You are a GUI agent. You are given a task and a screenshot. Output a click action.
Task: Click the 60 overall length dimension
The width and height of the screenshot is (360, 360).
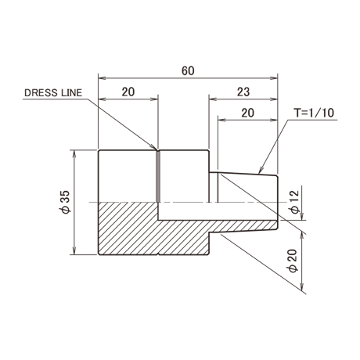coord(188,71)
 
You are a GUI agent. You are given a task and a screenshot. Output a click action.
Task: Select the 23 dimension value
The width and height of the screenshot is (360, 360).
coord(243,92)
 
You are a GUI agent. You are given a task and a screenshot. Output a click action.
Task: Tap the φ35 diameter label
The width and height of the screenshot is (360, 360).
coord(66,202)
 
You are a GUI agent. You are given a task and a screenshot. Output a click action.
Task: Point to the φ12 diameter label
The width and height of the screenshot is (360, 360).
coord(295,202)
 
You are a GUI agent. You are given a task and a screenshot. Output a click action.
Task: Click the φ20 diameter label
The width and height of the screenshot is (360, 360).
coord(293,261)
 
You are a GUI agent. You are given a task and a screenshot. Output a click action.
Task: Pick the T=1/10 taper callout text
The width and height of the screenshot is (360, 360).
coord(314,113)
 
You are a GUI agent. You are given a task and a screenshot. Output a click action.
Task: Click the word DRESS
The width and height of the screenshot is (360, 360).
coord(41,93)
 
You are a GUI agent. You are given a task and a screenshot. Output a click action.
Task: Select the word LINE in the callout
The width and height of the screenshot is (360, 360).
coord(71,93)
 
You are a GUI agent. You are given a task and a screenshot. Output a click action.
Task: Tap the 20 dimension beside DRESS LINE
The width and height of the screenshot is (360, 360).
coord(128,92)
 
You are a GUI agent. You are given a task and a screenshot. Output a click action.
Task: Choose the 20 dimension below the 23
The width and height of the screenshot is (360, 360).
coord(247,113)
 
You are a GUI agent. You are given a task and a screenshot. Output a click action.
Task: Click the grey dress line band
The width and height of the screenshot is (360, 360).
coord(158,177)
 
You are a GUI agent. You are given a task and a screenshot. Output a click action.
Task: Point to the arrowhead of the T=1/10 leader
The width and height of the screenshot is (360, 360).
coord(260,171)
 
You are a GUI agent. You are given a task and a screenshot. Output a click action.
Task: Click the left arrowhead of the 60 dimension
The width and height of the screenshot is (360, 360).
coord(102,77)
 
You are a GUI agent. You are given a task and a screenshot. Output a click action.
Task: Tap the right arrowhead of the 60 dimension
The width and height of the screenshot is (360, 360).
coord(274,77)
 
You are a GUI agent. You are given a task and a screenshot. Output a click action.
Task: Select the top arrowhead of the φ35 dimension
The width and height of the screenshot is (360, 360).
coord(75,154)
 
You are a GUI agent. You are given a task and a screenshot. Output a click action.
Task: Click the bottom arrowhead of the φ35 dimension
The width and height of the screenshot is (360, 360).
coord(75,250)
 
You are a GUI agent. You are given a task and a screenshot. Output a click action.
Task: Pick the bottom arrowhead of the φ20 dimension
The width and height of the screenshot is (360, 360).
coord(302,288)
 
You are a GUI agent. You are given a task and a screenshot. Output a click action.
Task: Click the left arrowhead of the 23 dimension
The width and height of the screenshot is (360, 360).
coord(213,99)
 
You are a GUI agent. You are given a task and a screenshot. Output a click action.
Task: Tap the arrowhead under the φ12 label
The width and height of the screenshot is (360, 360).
coord(302,217)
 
